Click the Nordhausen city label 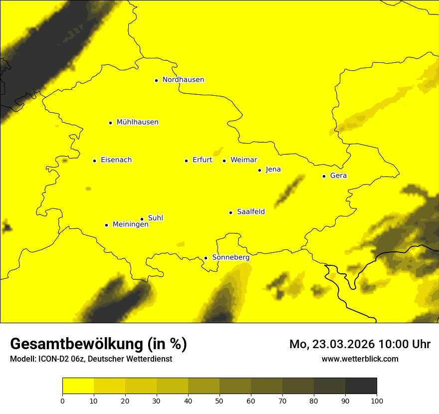click(x=183, y=80)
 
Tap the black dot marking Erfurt click(x=186, y=161)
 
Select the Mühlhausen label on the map click(x=137, y=122)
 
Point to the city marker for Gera click(x=324, y=176)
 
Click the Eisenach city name click(x=116, y=160)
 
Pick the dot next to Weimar click(x=224, y=161)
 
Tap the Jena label click(x=273, y=170)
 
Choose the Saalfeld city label click(x=251, y=212)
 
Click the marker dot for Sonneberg click(x=206, y=258)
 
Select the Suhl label click(x=156, y=218)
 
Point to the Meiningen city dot click(x=106, y=225)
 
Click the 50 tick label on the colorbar click(x=219, y=401)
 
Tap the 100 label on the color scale click(x=377, y=401)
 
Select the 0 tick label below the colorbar click(x=62, y=401)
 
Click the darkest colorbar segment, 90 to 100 click(x=361, y=386)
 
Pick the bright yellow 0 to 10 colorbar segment click(x=78, y=386)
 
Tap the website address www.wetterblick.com click(x=360, y=359)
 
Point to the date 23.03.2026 click(x=344, y=344)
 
